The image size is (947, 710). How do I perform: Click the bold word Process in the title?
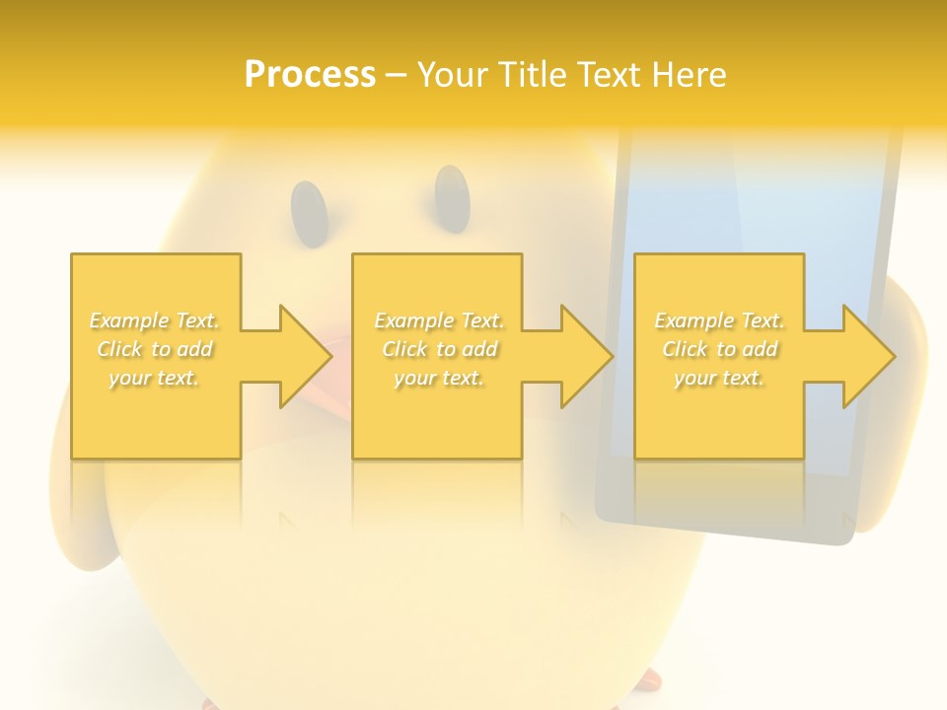point(310,75)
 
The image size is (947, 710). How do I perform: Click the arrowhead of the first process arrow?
point(305,356)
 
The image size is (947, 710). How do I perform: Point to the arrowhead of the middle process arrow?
point(586,356)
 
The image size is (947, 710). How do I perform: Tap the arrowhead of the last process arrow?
point(867,356)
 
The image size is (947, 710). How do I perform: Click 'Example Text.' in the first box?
point(155,320)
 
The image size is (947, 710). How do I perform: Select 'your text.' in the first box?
point(155,378)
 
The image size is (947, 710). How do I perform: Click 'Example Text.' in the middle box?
point(439,320)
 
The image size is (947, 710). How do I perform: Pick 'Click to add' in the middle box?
point(439,349)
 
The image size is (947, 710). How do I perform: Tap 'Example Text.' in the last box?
point(719,320)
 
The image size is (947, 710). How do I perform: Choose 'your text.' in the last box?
point(719,378)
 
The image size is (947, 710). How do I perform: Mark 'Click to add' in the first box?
point(155,349)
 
